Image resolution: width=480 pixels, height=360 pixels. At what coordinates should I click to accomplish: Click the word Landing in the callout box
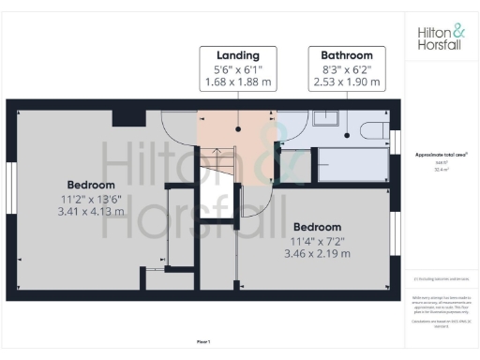[237, 55]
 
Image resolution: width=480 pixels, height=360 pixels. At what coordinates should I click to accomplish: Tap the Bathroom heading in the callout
[346, 55]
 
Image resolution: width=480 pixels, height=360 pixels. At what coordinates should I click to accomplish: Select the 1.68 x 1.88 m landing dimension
[237, 82]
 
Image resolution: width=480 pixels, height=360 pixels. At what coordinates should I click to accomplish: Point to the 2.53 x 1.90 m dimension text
[346, 82]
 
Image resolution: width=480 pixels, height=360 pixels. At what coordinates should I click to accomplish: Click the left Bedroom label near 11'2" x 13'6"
[90, 184]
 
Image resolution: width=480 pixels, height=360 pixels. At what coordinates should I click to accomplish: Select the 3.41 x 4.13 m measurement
[90, 212]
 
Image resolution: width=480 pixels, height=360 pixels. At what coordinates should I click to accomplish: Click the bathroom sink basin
[327, 118]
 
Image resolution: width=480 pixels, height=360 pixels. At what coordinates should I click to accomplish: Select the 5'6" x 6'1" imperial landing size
[237, 69]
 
